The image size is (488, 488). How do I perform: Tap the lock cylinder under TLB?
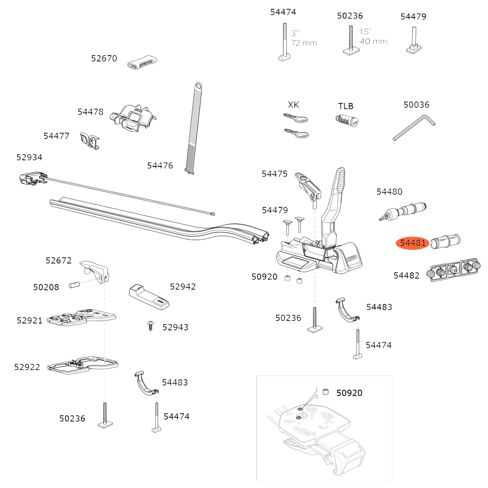346,120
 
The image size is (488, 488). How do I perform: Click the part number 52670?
104,59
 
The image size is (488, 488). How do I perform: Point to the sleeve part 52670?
142,62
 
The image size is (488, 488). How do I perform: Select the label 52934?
29,157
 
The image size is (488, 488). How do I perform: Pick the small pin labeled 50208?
74,284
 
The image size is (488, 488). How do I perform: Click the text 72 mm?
304,43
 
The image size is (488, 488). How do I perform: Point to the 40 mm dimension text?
373,41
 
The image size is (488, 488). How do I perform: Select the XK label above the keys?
293,105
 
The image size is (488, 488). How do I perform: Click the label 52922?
27,367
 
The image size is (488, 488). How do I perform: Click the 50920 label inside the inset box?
349,392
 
